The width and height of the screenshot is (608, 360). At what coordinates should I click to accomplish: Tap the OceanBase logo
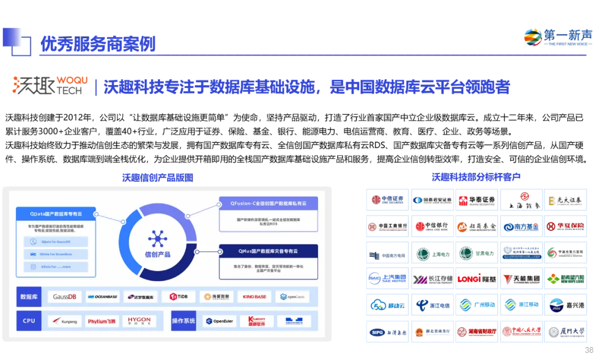[x=102, y=296]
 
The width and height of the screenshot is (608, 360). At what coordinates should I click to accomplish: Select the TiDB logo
[x=178, y=296]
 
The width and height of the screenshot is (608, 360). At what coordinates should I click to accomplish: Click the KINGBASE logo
[x=254, y=296]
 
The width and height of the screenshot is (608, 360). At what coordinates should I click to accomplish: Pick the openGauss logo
[x=292, y=296]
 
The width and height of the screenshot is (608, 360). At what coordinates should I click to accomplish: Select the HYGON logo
[x=139, y=321]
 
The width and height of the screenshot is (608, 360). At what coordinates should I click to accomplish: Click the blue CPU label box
[x=29, y=321]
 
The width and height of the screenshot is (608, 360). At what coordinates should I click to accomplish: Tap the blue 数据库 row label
[x=29, y=296]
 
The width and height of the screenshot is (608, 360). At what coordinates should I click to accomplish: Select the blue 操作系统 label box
[x=183, y=321]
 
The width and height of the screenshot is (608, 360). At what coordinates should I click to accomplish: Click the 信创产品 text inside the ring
[x=158, y=255]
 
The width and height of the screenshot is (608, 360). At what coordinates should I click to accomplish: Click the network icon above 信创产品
[x=158, y=238]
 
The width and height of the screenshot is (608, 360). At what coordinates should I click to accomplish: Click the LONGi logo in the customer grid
[x=477, y=278]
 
